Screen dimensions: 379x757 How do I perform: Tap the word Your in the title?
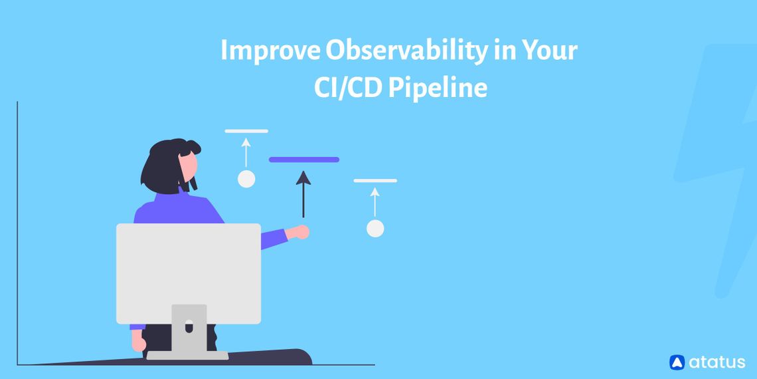[548, 52]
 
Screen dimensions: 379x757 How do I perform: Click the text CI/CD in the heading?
[348, 88]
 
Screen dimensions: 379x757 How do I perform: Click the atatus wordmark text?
[716, 362]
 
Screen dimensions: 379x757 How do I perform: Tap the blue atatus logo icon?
[677, 362]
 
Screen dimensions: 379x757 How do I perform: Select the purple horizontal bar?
[304, 160]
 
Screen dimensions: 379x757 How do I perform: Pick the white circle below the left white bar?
[246, 179]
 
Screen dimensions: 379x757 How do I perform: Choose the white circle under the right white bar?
[375, 228]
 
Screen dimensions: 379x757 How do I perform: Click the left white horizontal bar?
[246, 131]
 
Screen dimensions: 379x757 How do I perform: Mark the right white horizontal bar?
[375, 180]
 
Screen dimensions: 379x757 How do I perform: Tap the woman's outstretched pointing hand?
[301, 232]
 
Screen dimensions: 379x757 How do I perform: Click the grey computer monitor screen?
[189, 273]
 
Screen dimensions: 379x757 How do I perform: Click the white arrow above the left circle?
[246, 152]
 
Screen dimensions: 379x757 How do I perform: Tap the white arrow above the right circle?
[375, 201]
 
